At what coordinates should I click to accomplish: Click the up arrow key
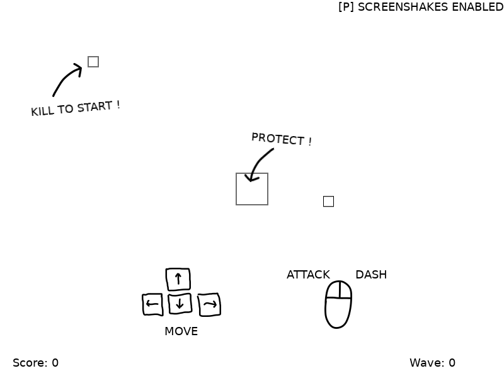click(178, 279)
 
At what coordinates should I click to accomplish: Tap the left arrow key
click(152, 304)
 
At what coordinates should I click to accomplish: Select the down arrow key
click(180, 303)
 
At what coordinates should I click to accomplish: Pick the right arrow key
click(209, 304)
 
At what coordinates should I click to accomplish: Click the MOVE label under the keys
click(181, 331)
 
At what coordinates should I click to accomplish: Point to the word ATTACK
click(308, 275)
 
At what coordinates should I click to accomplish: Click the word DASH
click(371, 275)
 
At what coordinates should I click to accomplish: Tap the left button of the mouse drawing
click(333, 290)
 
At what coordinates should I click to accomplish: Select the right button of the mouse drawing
click(345, 290)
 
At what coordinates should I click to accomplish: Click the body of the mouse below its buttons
click(338, 312)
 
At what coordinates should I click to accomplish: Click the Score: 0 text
click(36, 363)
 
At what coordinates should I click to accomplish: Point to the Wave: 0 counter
click(432, 363)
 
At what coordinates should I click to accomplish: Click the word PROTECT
click(278, 139)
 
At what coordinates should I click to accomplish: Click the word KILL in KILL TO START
click(43, 111)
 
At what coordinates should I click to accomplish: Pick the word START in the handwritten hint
click(95, 106)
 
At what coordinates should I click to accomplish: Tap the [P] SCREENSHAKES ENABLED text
click(421, 7)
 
